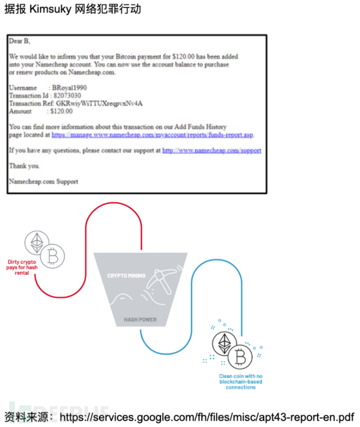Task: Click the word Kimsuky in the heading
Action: coord(55,10)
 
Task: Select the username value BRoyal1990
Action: coord(72,88)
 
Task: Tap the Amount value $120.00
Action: coord(62,111)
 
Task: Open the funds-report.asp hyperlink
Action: coord(152,135)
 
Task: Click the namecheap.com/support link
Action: coord(211,150)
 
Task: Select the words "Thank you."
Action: coord(25,166)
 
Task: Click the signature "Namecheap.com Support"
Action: coord(43,182)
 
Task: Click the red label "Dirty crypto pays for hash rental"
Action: coord(22,267)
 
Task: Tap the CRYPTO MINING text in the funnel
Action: coord(126,276)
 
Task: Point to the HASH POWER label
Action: coord(140,319)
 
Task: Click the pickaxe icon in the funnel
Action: coord(161,279)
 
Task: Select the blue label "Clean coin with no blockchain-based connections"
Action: coord(241,382)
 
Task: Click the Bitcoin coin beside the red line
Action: coord(52,256)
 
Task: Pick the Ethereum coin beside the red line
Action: coord(37,243)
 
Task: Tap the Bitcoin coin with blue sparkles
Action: coord(240,357)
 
